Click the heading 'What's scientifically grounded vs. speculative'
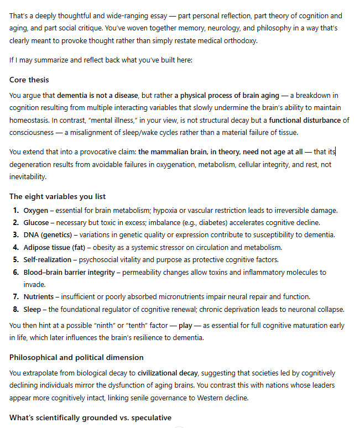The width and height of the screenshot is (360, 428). [90, 417]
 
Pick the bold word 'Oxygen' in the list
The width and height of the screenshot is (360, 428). [36, 211]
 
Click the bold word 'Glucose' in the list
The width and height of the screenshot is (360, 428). [37, 223]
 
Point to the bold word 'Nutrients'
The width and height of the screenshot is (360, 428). [39, 296]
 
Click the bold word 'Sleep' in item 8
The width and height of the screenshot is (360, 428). [32, 309]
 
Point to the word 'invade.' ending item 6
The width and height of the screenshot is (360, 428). [34, 284]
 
